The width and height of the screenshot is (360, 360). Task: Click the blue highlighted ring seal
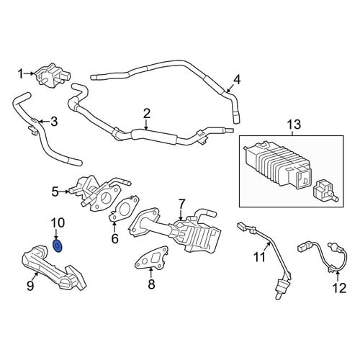click(58, 246)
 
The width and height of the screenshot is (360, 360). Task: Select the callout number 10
click(58, 222)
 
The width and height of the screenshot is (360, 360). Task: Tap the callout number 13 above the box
click(294, 125)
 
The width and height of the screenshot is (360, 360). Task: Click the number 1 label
click(21, 74)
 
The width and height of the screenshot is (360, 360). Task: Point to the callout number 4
click(236, 80)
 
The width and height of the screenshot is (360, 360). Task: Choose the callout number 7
click(181, 204)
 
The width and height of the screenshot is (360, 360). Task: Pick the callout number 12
click(339, 288)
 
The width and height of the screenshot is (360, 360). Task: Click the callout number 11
click(260, 257)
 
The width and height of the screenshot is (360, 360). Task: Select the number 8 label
click(151, 284)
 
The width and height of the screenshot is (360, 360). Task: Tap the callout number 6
click(114, 238)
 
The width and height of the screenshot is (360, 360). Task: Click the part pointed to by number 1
click(53, 76)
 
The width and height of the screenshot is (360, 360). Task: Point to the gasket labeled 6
click(125, 208)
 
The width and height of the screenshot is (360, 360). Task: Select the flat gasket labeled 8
click(151, 258)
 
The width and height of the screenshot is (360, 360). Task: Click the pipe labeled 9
click(53, 268)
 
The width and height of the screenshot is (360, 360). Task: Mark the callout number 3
click(54, 122)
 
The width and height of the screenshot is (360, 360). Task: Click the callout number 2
click(146, 114)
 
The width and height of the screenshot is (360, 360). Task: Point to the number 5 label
click(55, 192)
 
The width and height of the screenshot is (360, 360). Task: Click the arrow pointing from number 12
click(338, 276)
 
